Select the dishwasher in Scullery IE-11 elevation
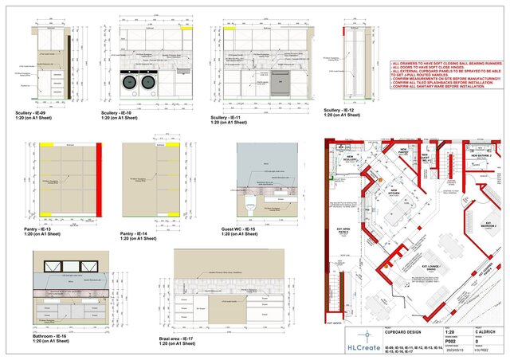(x=280, y=81)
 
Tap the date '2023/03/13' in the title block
(x=415, y=353)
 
